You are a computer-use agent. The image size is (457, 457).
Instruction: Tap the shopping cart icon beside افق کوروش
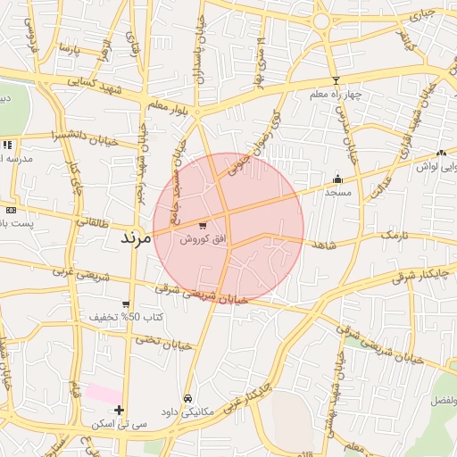point(204,226)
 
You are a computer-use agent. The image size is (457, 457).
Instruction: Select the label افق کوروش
point(202,239)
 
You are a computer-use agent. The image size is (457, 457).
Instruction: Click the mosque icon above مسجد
point(338,179)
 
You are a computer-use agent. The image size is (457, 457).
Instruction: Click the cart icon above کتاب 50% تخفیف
point(126,304)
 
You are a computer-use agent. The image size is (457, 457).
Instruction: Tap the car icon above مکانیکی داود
point(187,398)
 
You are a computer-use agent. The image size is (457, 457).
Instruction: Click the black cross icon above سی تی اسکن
point(119,410)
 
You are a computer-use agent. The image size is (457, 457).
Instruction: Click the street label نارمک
point(399,235)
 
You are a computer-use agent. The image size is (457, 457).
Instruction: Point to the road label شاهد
point(325,244)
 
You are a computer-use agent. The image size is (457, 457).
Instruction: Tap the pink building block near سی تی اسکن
point(104,394)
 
